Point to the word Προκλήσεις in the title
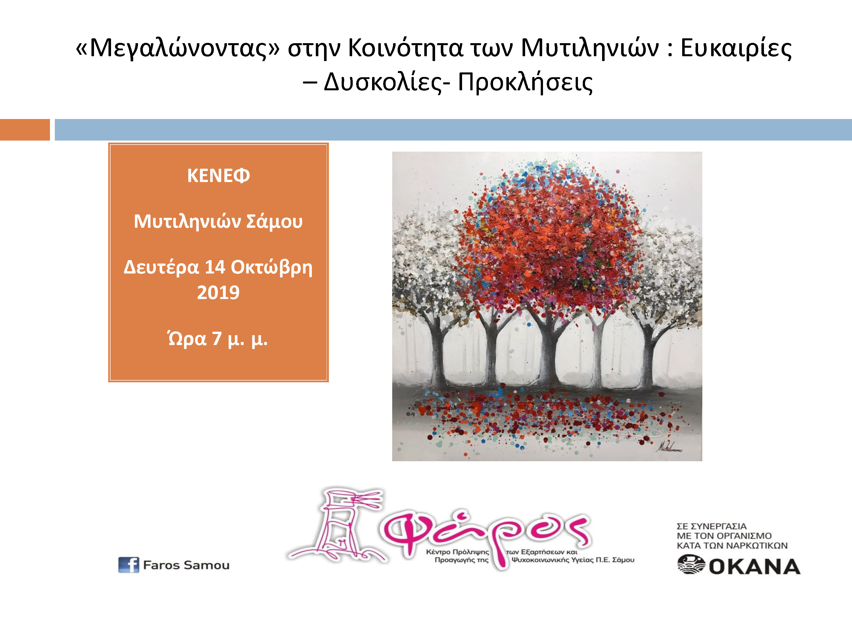click(x=525, y=82)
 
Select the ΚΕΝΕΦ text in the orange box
click(x=218, y=176)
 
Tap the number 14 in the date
click(x=214, y=267)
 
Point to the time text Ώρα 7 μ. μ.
click(x=218, y=339)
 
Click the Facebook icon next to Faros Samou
click(x=129, y=565)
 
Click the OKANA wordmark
click(x=755, y=567)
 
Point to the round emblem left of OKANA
click(x=691, y=565)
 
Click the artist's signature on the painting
click(x=669, y=447)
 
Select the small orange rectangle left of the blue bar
click(x=25, y=130)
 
